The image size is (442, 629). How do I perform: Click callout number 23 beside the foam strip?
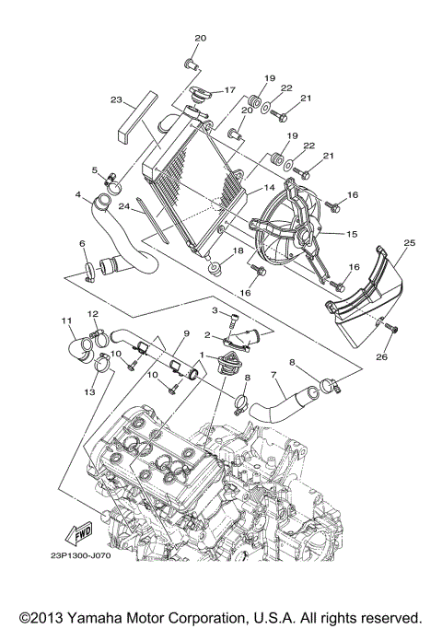[116, 99]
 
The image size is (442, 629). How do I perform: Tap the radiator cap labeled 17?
[200, 96]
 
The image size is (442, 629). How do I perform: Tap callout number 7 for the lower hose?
[273, 375]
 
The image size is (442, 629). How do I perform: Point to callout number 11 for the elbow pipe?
[66, 320]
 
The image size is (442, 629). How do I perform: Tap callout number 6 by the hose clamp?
[81, 244]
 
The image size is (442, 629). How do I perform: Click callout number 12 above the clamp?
[93, 314]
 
